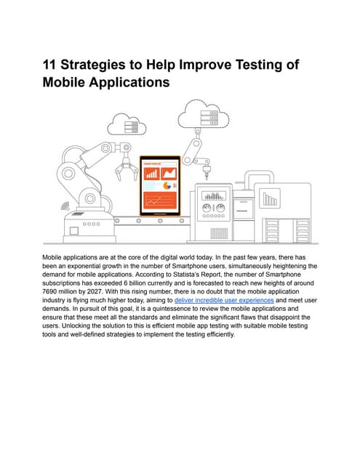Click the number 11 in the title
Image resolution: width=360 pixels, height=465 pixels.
(x=49, y=65)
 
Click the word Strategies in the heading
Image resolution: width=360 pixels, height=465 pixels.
(x=93, y=65)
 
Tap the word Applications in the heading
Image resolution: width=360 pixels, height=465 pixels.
(x=129, y=83)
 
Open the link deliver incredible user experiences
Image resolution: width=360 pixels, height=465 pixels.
(x=224, y=300)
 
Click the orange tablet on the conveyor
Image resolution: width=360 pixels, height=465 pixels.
(x=160, y=186)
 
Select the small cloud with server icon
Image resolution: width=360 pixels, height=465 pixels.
(x=127, y=124)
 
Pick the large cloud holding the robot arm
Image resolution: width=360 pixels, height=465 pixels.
(x=204, y=115)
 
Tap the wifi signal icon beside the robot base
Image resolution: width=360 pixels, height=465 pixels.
(x=65, y=206)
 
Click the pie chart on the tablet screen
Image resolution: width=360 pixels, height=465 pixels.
(x=167, y=186)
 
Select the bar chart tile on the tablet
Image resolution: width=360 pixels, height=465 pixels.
(x=152, y=174)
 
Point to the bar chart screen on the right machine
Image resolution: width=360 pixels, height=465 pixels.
(x=270, y=198)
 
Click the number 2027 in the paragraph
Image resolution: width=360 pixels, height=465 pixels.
(x=95, y=291)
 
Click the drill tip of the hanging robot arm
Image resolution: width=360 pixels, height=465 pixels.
(x=207, y=177)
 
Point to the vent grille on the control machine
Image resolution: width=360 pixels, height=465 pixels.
(x=219, y=233)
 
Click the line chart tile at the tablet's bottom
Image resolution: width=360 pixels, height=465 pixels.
(x=160, y=201)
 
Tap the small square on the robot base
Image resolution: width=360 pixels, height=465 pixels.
(x=74, y=230)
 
